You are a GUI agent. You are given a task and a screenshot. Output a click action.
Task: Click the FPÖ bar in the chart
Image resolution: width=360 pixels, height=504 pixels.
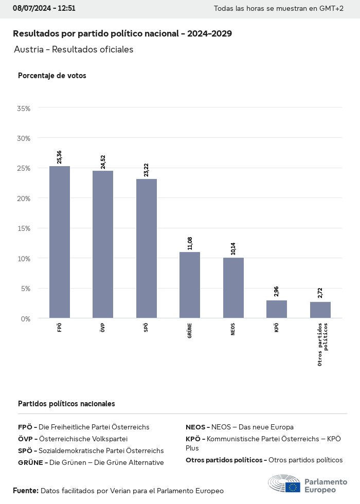pyautogui.click(x=60, y=242)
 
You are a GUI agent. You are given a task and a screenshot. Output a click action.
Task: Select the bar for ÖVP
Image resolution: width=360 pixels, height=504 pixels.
pyautogui.click(x=103, y=244)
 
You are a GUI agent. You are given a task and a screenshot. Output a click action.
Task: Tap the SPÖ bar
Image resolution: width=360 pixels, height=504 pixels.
pyautogui.click(x=147, y=248)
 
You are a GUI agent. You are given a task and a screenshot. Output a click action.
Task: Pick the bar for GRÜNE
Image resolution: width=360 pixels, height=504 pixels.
pyautogui.click(x=190, y=285)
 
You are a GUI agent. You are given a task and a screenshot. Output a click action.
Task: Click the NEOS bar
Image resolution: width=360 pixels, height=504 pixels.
pyautogui.click(x=233, y=287)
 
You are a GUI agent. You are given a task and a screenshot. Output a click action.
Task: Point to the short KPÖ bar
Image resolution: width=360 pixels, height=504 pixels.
pyautogui.click(x=277, y=309)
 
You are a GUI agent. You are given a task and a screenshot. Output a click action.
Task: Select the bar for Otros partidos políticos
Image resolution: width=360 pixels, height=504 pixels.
pyautogui.click(x=320, y=310)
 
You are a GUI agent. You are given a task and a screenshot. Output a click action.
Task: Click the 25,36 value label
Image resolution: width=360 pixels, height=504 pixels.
pyautogui.click(x=60, y=157)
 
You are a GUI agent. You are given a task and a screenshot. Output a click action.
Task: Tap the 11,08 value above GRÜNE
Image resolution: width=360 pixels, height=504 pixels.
pyautogui.click(x=190, y=243)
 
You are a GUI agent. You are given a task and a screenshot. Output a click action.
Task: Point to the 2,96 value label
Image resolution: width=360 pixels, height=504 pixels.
pyautogui.click(x=277, y=291)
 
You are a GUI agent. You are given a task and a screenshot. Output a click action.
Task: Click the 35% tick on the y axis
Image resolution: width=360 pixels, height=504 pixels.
pyautogui.click(x=24, y=109)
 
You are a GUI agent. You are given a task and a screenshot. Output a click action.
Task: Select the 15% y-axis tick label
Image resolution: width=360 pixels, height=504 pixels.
pyautogui.click(x=24, y=228)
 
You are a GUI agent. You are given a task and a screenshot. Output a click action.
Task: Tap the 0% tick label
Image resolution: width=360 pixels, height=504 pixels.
pyautogui.click(x=26, y=319)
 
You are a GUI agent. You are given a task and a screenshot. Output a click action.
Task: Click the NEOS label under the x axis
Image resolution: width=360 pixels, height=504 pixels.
pyautogui.click(x=233, y=329)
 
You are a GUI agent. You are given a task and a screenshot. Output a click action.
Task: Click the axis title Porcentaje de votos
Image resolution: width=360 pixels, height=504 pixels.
pyautogui.click(x=52, y=76)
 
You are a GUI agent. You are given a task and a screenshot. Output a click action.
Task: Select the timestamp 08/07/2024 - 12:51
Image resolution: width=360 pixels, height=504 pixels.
pyautogui.click(x=44, y=8)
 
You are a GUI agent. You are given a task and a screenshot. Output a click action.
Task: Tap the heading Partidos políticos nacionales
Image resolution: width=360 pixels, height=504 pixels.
pyautogui.click(x=66, y=404)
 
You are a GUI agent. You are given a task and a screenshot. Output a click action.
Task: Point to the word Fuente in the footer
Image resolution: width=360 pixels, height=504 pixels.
pyautogui.click(x=25, y=491)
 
